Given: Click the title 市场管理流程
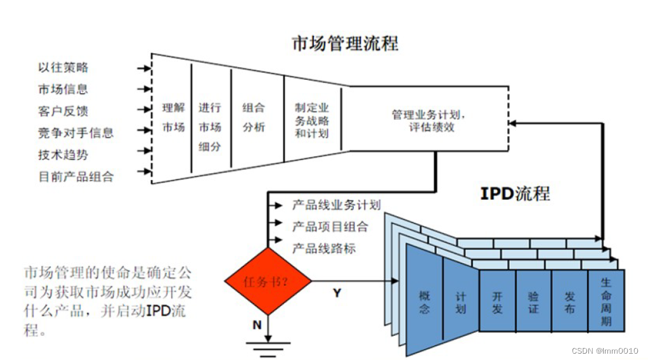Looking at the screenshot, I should [x=345, y=43].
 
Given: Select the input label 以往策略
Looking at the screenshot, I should [x=63, y=67].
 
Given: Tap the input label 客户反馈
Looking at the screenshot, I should [x=63, y=111].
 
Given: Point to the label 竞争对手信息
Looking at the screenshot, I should [x=75, y=132].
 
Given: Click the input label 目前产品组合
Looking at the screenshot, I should [x=75, y=176].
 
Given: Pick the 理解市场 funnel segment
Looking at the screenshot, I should [x=173, y=118].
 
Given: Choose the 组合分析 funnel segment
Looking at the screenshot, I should [x=253, y=118].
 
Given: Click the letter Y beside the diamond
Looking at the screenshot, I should [x=337, y=293].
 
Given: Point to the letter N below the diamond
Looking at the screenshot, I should [x=257, y=325].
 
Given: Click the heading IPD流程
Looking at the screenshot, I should [x=515, y=193].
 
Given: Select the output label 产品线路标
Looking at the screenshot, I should [x=323, y=248].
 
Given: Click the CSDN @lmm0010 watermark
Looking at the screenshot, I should [x=605, y=350].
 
